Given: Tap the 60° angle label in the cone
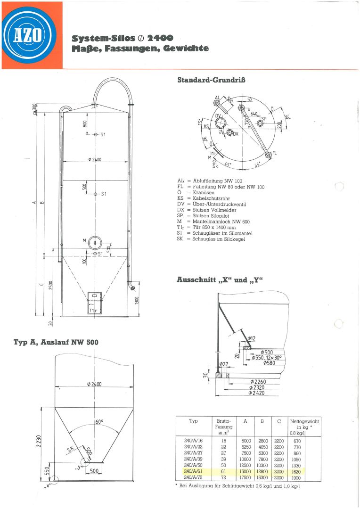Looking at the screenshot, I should click(99, 422).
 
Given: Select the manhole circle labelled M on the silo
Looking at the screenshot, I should click(95, 241).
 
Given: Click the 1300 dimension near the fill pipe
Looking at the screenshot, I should click(137, 300).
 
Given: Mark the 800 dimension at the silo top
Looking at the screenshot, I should click(85, 124).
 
